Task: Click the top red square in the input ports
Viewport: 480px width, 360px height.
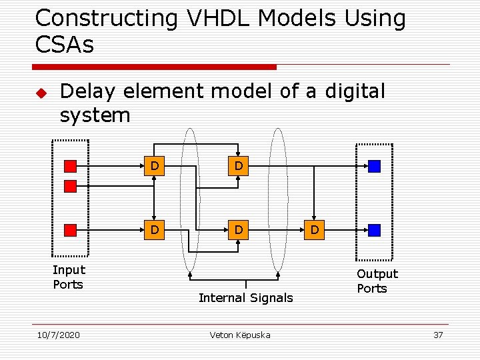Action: [x=70, y=166]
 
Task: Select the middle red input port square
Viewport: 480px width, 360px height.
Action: [x=70, y=186]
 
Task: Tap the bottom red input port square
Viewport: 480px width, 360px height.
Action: [x=70, y=230]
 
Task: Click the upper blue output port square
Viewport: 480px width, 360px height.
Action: [x=374, y=166]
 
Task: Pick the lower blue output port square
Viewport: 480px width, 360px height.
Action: [x=374, y=230]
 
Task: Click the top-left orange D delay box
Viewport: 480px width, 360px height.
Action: [x=154, y=166]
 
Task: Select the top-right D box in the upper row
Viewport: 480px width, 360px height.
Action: [x=238, y=166]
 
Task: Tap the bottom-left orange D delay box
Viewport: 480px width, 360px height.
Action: [x=154, y=230]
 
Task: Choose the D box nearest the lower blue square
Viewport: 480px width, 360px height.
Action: [x=314, y=230]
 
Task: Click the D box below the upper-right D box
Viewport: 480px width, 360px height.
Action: [x=238, y=230]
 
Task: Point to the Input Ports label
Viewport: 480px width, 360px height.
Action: [x=69, y=277]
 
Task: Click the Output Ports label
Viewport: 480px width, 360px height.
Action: [x=377, y=281]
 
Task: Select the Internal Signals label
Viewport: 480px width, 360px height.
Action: [x=245, y=298]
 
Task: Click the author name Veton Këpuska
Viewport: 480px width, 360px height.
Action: [x=240, y=335]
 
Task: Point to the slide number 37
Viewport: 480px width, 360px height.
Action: [x=438, y=335]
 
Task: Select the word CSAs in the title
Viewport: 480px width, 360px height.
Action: [x=64, y=45]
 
